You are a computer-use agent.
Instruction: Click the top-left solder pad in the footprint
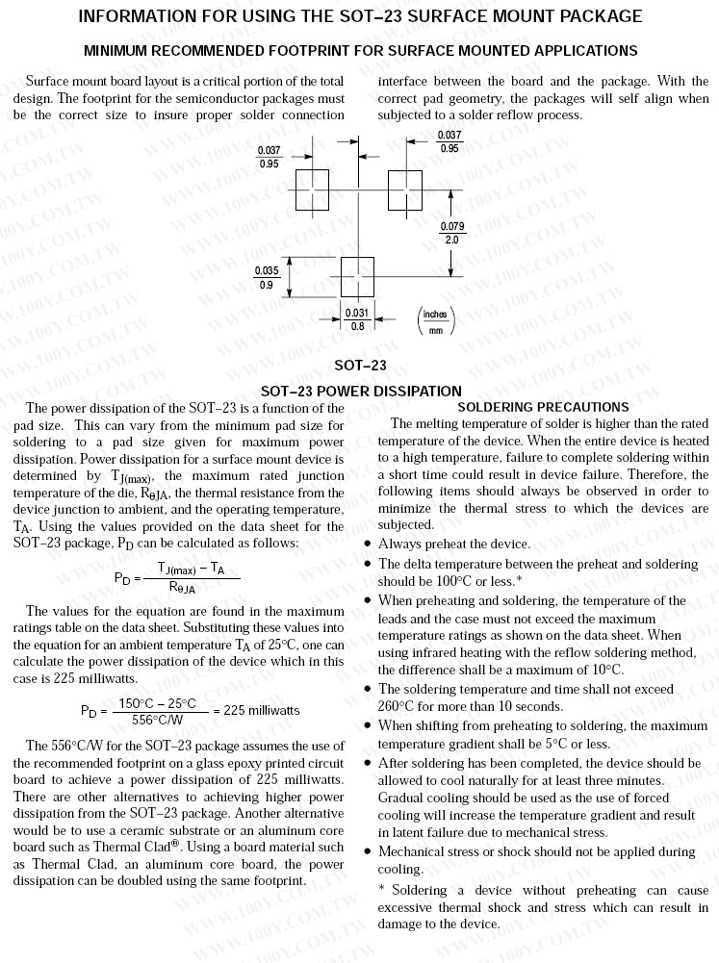tap(312, 190)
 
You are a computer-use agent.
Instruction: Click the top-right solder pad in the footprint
tap(405, 190)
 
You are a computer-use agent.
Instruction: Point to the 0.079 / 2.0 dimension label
tap(451, 233)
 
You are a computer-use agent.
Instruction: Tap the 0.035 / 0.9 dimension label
tap(267, 278)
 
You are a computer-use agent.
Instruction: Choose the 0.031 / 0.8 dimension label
tap(357, 319)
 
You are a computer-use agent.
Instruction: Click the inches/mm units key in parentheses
tap(435, 320)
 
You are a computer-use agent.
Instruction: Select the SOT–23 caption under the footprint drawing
tap(360, 366)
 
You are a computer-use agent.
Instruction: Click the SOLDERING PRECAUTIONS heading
tap(550, 407)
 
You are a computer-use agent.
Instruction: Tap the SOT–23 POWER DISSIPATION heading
tap(361, 391)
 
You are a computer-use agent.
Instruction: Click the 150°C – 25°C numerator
tap(158, 703)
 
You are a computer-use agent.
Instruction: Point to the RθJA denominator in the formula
tap(182, 587)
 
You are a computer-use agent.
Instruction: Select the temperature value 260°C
tap(398, 707)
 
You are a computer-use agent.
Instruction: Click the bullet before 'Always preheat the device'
tap(369, 545)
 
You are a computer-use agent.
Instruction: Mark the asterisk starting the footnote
tap(381, 890)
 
